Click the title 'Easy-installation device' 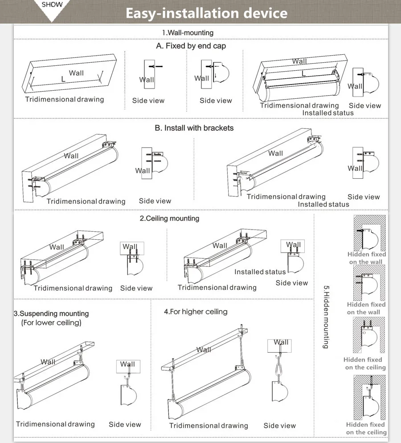tap(207, 13)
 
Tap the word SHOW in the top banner tap(52, 4)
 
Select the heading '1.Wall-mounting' tap(188, 33)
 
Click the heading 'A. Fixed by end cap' tap(191, 46)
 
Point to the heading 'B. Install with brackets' tap(194, 128)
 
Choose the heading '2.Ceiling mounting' tap(169, 218)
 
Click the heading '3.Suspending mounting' tap(51, 314)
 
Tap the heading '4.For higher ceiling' tap(196, 312)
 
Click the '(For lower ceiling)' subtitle tap(51, 322)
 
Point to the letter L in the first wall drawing tap(63, 79)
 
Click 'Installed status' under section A tap(328, 113)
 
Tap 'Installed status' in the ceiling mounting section tap(260, 272)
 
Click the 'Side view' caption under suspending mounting tap(125, 425)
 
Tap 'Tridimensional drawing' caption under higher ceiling tap(209, 426)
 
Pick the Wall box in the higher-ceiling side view tap(279, 346)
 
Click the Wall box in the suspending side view tap(128, 366)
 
